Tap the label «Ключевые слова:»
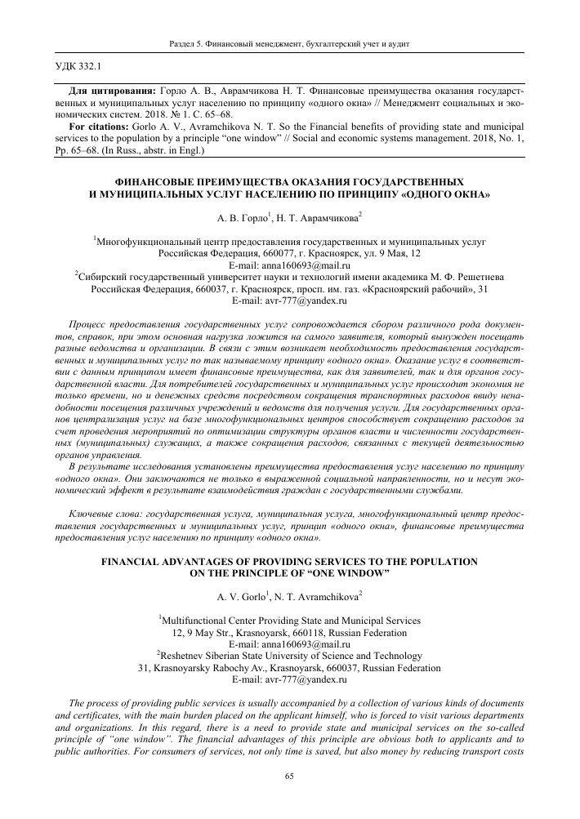[x=107, y=515]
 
